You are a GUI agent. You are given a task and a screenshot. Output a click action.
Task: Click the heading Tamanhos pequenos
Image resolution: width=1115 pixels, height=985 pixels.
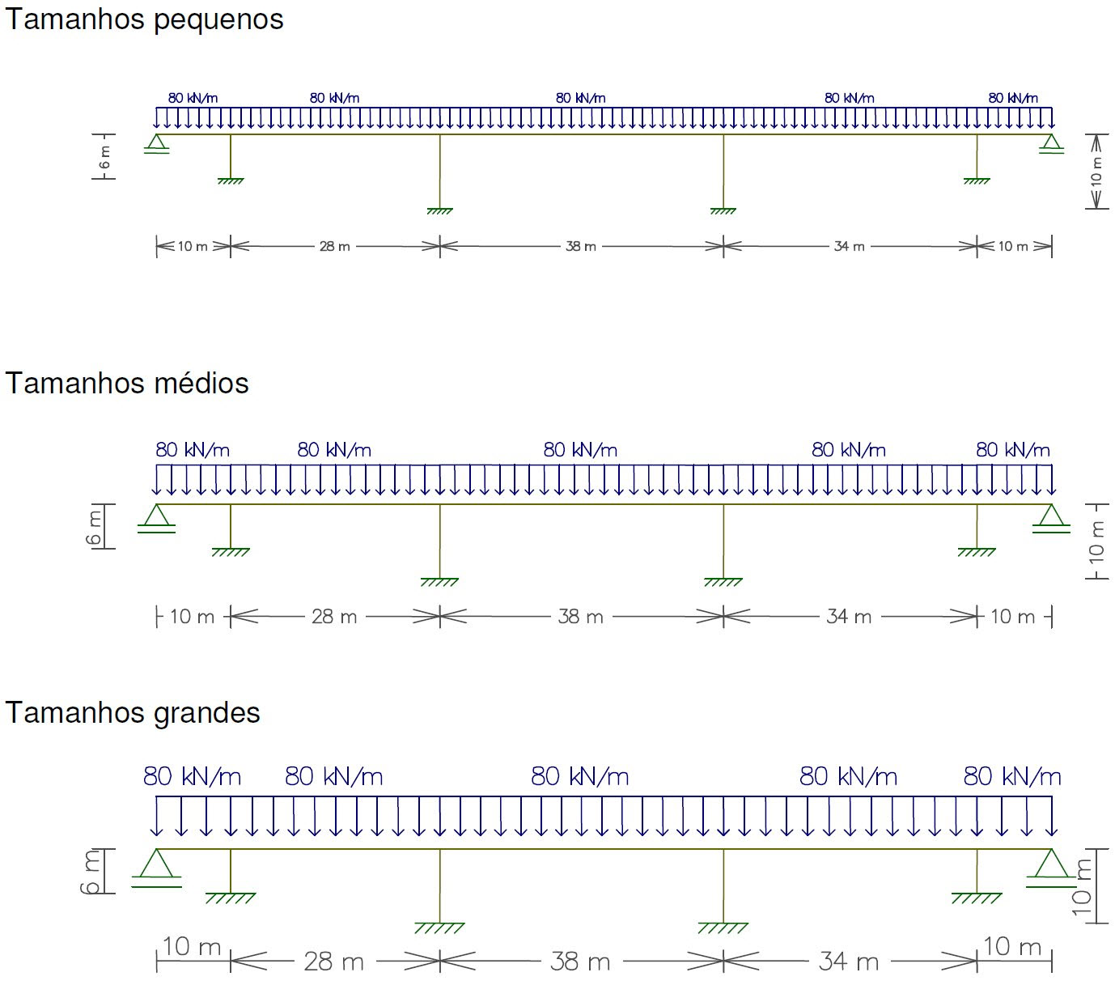pos(144,19)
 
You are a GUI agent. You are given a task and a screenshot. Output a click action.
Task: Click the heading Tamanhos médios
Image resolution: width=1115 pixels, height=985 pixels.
pos(127,383)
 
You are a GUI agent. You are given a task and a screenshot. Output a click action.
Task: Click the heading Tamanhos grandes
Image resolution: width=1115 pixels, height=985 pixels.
pos(133,713)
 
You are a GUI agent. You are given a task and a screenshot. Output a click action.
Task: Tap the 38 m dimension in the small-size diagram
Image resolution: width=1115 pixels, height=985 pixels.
pos(581,246)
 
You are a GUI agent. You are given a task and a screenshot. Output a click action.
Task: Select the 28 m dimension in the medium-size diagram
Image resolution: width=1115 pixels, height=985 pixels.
pos(334,617)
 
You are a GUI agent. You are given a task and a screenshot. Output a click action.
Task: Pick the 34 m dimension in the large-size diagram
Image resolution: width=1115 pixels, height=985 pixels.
pos(848,962)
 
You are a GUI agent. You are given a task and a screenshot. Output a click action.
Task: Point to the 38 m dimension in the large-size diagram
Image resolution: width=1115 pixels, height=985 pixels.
pos(580,962)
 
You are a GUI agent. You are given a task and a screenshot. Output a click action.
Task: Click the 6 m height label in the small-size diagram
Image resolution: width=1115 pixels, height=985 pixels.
pos(104,157)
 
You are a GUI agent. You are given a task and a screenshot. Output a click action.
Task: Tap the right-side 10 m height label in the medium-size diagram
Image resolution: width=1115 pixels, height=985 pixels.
pos(1096,541)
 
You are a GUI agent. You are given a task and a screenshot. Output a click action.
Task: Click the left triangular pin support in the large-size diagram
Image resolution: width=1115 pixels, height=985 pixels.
pos(156,864)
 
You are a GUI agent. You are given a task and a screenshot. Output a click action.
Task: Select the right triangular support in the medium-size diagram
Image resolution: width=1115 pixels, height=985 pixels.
pos(1051,516)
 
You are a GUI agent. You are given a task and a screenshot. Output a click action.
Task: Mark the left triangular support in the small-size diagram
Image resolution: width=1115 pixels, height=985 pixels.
pos(156,143)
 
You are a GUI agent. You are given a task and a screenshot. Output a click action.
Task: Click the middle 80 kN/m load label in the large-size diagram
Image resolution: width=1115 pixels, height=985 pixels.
pos(579,777)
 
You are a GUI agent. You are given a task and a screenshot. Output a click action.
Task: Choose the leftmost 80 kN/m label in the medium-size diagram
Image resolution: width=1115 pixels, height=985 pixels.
pos(193,450)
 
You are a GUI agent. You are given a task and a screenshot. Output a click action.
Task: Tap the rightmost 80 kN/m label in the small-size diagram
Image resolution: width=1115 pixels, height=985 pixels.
pos(1012,98)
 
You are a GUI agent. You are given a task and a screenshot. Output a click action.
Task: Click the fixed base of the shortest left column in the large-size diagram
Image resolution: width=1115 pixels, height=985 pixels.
pos(231,897)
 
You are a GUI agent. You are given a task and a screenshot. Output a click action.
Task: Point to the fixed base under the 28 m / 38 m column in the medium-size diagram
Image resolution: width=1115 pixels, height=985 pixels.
pos(439,581)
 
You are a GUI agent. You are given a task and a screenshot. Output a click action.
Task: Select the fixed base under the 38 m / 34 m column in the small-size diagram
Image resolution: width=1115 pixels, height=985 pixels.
pos(723,210)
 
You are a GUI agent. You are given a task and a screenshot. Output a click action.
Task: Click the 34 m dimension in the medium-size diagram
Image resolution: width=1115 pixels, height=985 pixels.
pos(849,617)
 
